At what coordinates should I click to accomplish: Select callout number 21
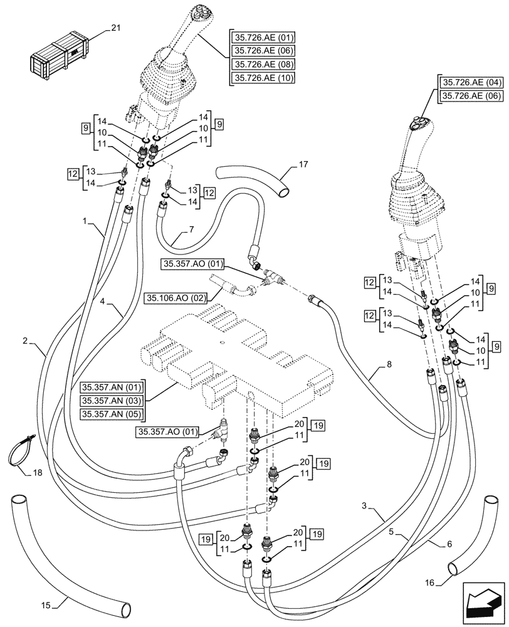tap(115, 28)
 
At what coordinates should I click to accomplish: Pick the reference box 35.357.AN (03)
tap(112, 399)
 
